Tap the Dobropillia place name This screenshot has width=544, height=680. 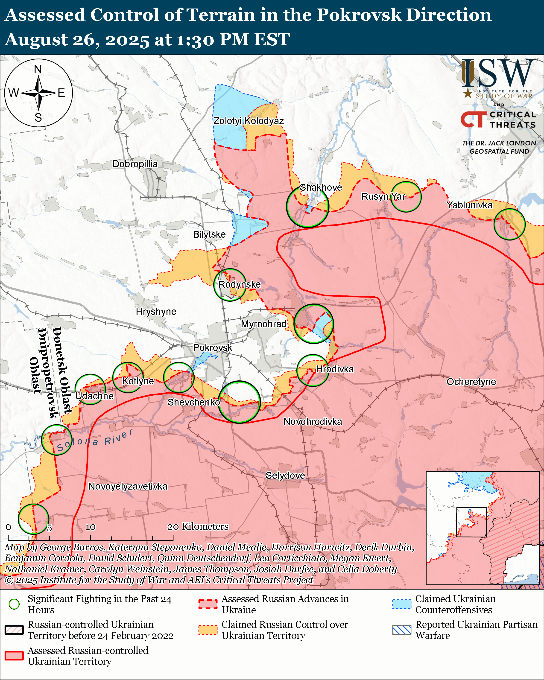(x=135, y=164)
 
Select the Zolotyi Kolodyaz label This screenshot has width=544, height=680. (x=249, y=121)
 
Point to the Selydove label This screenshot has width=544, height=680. (x=285, y=475)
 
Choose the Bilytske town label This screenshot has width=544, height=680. (x=209, y=234)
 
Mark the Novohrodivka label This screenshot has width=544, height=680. (x=313, y=421)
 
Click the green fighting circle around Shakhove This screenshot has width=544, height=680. (x=307, y=207)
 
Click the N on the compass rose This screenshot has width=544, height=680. (x=38, y=69)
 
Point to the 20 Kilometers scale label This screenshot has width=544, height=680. (x=198, y=526)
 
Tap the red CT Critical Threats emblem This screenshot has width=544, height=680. (x=473, y=120)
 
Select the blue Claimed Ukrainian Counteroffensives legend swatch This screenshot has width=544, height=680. (x=402, y=604)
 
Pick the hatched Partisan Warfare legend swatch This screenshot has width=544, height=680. (x=402, y=630)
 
